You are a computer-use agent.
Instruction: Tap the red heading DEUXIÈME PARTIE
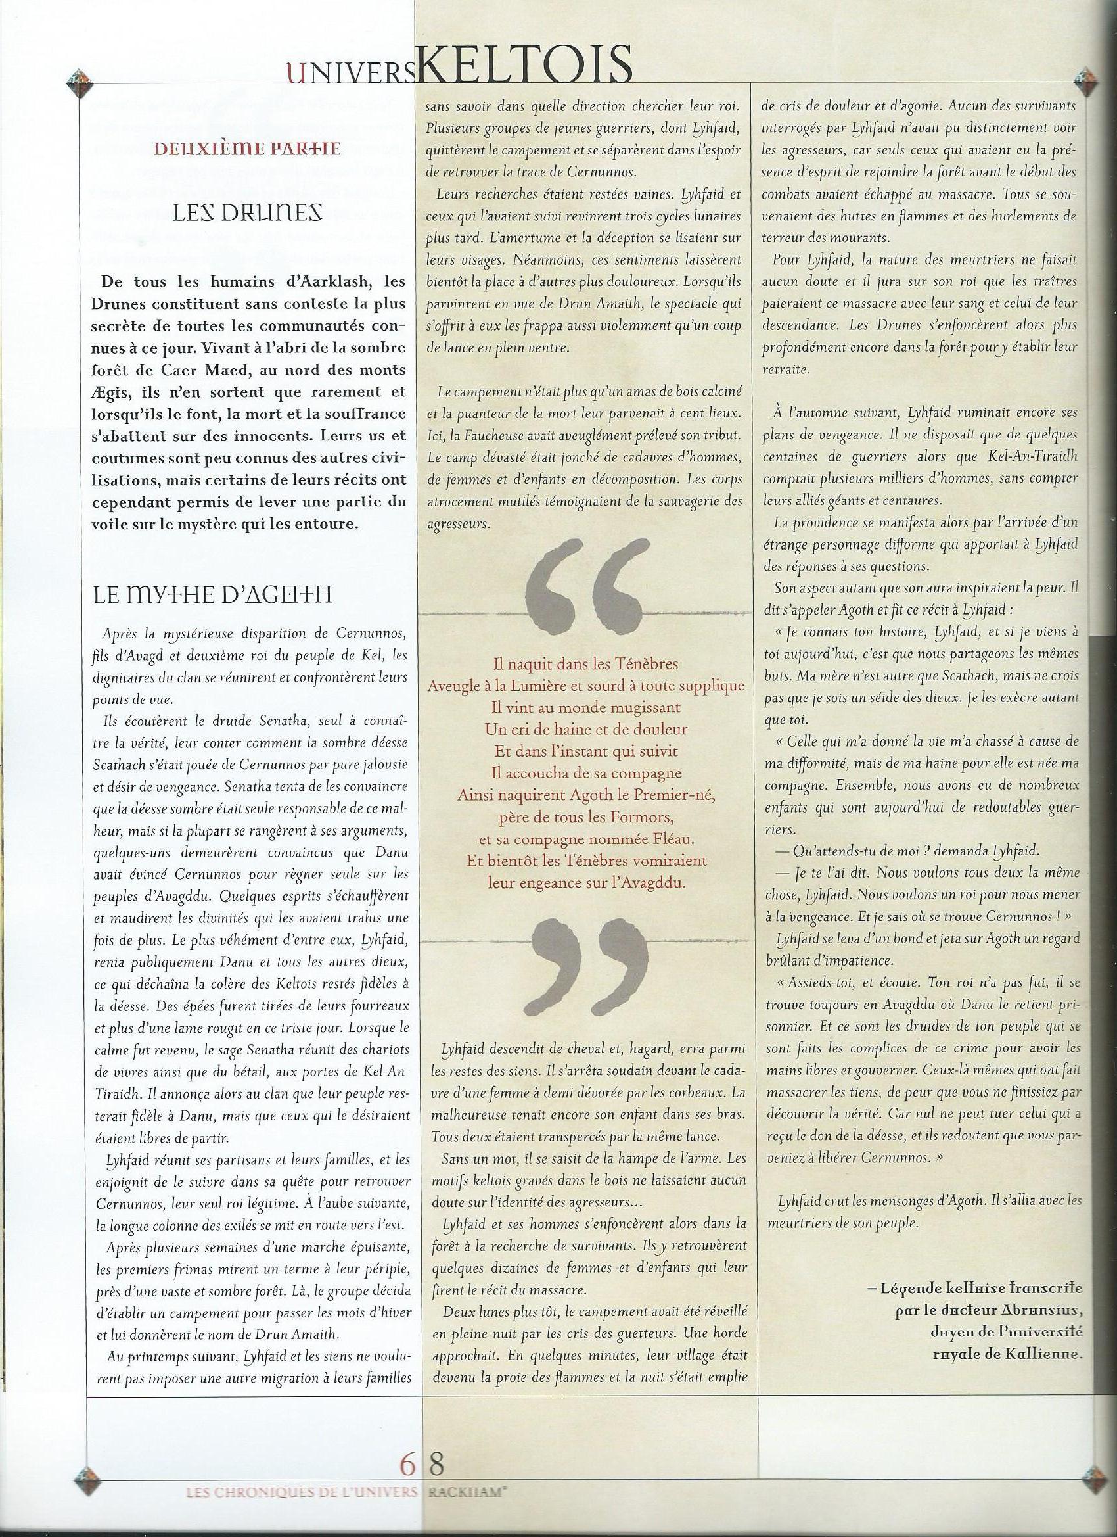(248, 149)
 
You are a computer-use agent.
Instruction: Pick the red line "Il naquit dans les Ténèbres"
(586, 663)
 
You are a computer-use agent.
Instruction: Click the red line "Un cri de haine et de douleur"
(586, 729)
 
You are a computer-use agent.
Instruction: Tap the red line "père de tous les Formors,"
(586, 816)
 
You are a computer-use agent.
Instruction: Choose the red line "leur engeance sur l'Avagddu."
(586, 882)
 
